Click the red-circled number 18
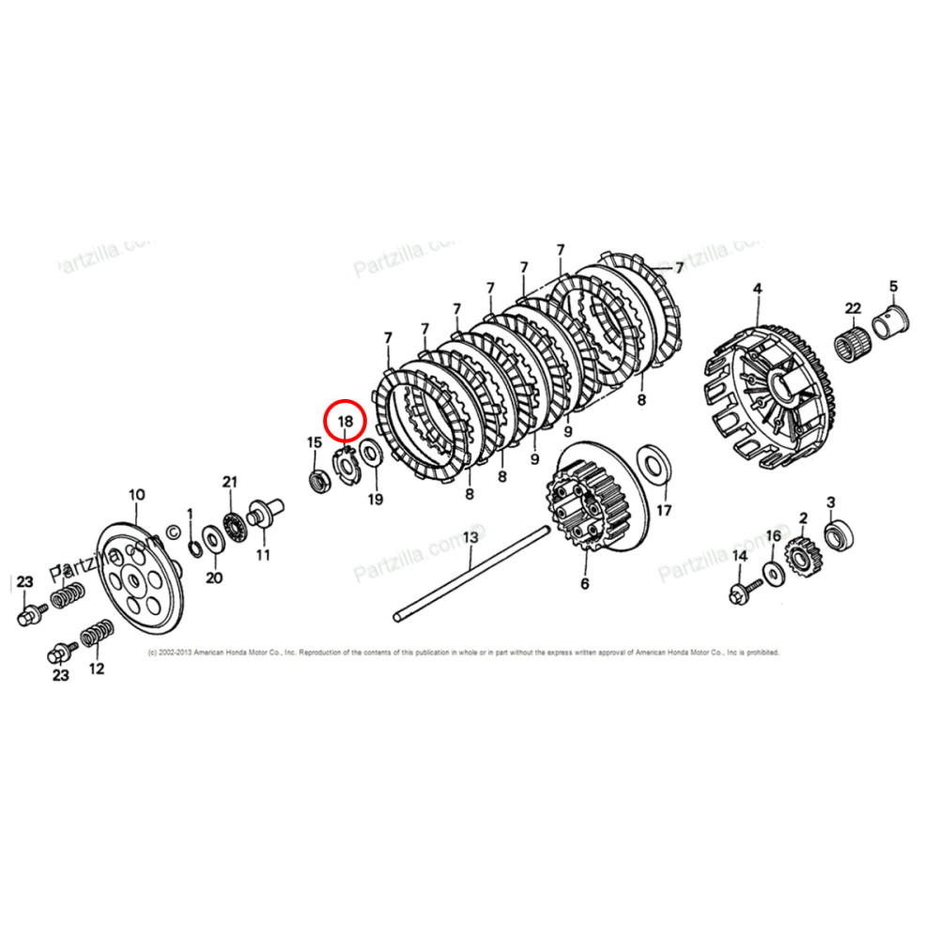[345, 422]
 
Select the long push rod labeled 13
[469, 576]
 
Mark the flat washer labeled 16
[774, 573]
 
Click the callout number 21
[227, 482]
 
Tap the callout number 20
[214, 577]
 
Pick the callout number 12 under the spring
[96, 669]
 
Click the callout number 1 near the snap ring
[189, 514]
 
